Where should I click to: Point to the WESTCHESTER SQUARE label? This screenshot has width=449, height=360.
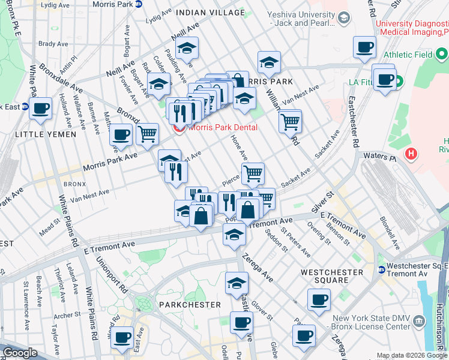(332, 276)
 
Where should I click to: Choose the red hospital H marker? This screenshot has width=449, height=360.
(411, 154)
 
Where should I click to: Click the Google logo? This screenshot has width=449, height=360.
(20, 353)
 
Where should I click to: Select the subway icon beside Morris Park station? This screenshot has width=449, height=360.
(139, 4)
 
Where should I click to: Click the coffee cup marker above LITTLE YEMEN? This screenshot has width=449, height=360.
(41, 109)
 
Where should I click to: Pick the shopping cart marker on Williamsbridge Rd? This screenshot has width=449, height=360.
(291, 122)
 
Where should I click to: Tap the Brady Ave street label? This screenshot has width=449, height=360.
(53, 44)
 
